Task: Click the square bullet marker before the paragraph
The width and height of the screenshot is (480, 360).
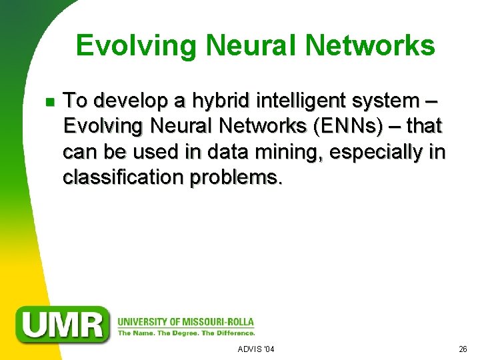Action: [48, 102]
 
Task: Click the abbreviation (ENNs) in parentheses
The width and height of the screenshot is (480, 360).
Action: [349, 127]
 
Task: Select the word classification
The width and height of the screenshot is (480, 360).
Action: [123, 178]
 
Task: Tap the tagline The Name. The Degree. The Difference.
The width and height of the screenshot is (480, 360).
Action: [186, 332]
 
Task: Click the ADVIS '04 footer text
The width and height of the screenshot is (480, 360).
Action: [256, 349]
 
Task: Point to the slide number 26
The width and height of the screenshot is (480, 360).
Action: [463, 349]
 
